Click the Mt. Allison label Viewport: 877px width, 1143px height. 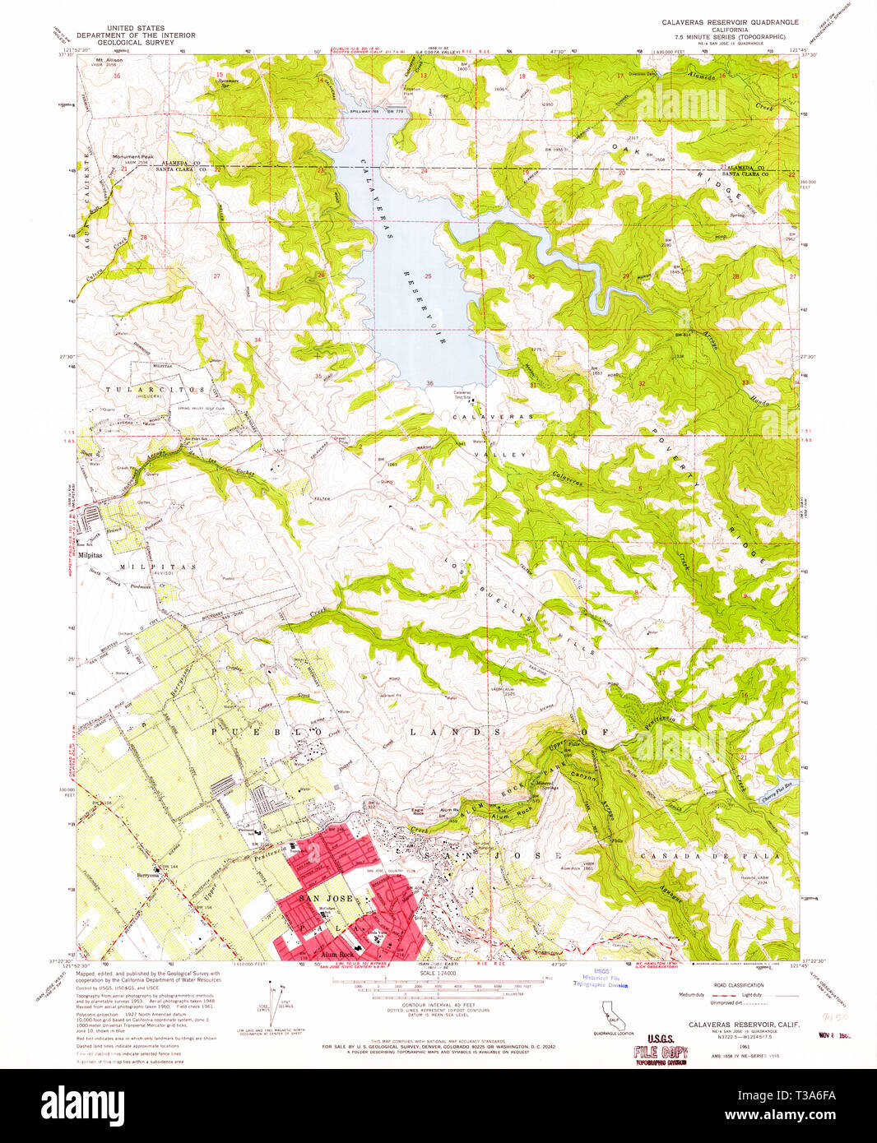coord(109,60)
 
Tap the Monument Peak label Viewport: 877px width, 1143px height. coord(133,156)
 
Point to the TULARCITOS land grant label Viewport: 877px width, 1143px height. coord(154,389)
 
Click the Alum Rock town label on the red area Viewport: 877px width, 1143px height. coord(337,952)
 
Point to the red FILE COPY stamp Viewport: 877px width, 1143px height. coord(660,1053)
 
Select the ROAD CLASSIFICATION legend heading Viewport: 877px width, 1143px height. coord(738,984)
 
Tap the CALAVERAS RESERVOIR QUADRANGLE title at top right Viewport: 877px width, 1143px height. coord(730,22)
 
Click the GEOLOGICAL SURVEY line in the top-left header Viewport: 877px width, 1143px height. coord(136,43)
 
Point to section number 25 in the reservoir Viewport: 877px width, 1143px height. coord(428,275)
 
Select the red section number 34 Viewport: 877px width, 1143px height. coord(258,340)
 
